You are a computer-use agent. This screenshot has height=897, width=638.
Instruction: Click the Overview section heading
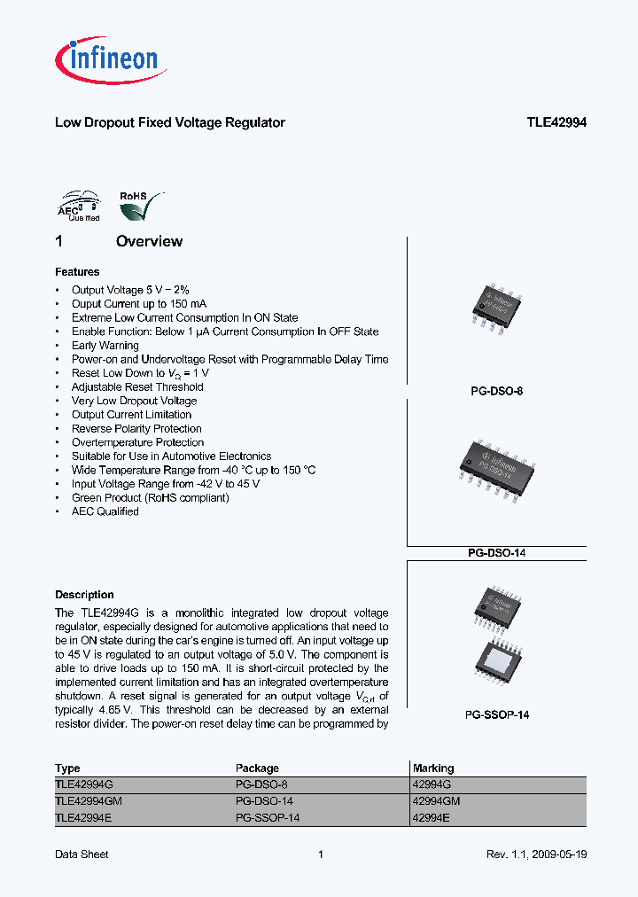pyautogui.click(x=149, y=241)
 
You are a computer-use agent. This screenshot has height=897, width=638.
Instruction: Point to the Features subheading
pyautogui.click(x=77, y=272)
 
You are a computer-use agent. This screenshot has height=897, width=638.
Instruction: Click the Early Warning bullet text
pyautogui.click(x=105, y=346)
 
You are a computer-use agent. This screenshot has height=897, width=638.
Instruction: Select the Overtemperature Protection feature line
pyautogui.click(x=137, y=442)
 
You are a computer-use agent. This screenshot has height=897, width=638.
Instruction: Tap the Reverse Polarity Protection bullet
pyautogui.click(x=136, y=429)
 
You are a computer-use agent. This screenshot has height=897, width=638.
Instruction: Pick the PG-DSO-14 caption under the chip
pyautogui.click(x=496, y=553)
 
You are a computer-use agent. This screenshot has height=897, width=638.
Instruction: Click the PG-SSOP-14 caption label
pyautogui.click(x=496, y=714)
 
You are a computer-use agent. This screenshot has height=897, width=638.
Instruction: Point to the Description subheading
pyautogui.click(x=84, y=595)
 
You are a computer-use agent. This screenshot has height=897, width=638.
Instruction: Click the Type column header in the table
pyautogui.click(x=67, y=768)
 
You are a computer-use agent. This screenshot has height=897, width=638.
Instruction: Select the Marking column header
pyautogui.click(x=433, y=768)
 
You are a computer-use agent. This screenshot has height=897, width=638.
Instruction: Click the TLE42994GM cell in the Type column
pyautogui.click(x=89, y=800)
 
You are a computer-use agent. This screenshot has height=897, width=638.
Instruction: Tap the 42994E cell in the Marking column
pyautogui.click(x=432, y=817)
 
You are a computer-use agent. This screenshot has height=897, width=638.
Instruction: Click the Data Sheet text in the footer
pyautogui.click(x=82, y=854)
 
